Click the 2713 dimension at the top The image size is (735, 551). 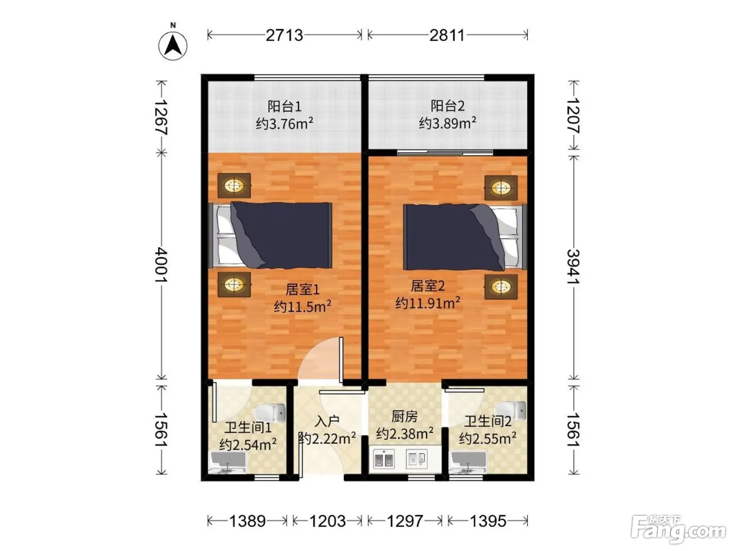(285, 35)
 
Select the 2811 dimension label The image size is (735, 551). (447, 35)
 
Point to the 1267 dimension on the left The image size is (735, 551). (161, 116)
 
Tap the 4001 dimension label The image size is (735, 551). (161, 266)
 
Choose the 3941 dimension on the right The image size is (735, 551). (573, 267)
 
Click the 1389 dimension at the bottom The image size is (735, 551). (247, 521)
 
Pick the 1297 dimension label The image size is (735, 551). (405, 521)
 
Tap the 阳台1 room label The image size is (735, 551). (285, 107)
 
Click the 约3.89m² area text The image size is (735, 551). (447, 123)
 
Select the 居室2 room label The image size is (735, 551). (427, 286)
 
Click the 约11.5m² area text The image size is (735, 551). (303, 306)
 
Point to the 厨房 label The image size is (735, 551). (405, 417)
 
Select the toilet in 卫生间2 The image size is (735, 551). (511, 410)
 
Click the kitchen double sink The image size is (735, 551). (384, 459)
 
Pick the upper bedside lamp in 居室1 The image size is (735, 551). (234, 185)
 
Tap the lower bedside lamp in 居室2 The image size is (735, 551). (501, 287)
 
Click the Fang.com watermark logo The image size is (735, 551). (678, 528)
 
